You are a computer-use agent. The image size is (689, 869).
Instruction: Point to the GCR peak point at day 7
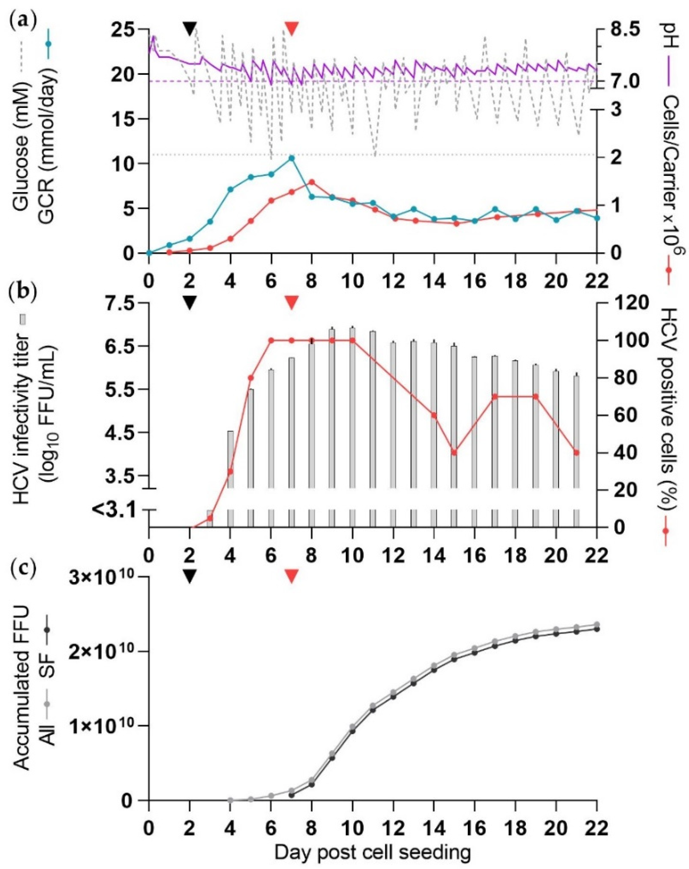pos(291,158)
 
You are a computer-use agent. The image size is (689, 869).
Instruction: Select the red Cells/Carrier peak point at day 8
pos(312,182)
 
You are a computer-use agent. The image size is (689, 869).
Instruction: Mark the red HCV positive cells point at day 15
pos(454,452)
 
